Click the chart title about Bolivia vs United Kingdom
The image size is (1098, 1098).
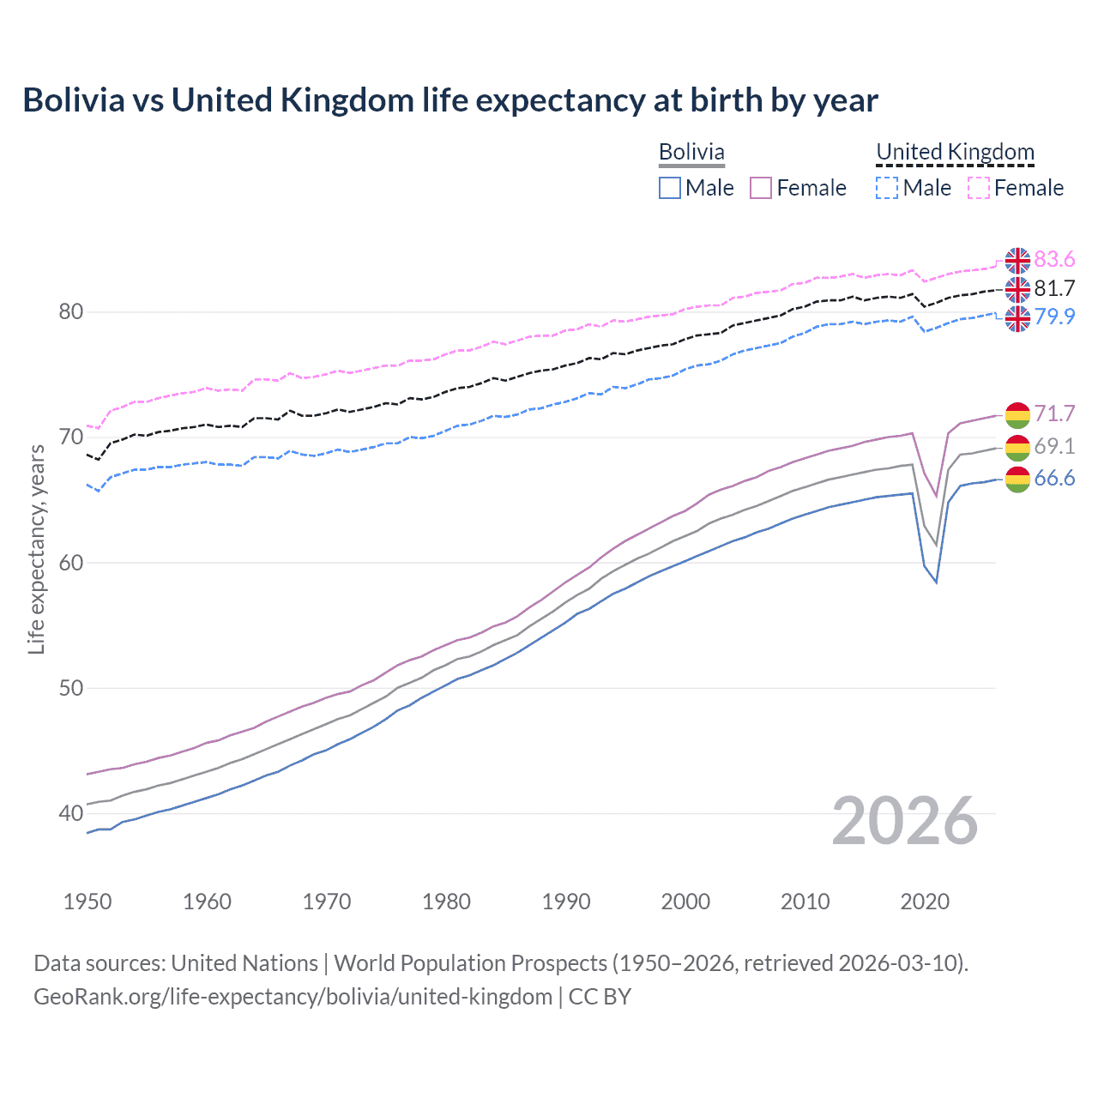click(x=450, y=100)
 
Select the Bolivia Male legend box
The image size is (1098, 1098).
click(x=670, y=188)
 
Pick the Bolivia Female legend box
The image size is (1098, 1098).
click(x=761, y=188)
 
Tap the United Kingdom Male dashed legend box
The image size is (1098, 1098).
click(x=887, y=188)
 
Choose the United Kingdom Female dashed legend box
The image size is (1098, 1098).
click(x=979, y=188)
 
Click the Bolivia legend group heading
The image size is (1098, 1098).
click(x=691, y=152)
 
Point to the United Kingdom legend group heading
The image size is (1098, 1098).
click(x=955, y=152)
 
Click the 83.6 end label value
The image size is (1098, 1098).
click(x=1054, y=260)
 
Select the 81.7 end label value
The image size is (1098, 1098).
click(x=1054, y=288)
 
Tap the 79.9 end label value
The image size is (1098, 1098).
click(x=1054, y=317)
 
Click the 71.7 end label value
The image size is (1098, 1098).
click(x=1054, y=413)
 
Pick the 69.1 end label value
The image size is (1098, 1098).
click(x=1054, y=446)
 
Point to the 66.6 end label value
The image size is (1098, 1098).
click(x=1054, y=478)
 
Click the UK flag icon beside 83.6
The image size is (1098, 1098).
click(x=1017, y=260)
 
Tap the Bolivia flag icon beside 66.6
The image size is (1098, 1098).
click(x=1017, y=480)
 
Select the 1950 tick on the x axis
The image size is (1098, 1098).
click(x=87, y=902)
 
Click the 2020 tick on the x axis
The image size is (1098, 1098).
click(x=925, y=902)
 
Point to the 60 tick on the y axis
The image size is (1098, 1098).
click(x=71, y=563)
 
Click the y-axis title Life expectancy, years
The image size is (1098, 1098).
click(x=37, y=549)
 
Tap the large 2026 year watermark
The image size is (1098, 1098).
click(x=905, y=821)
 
